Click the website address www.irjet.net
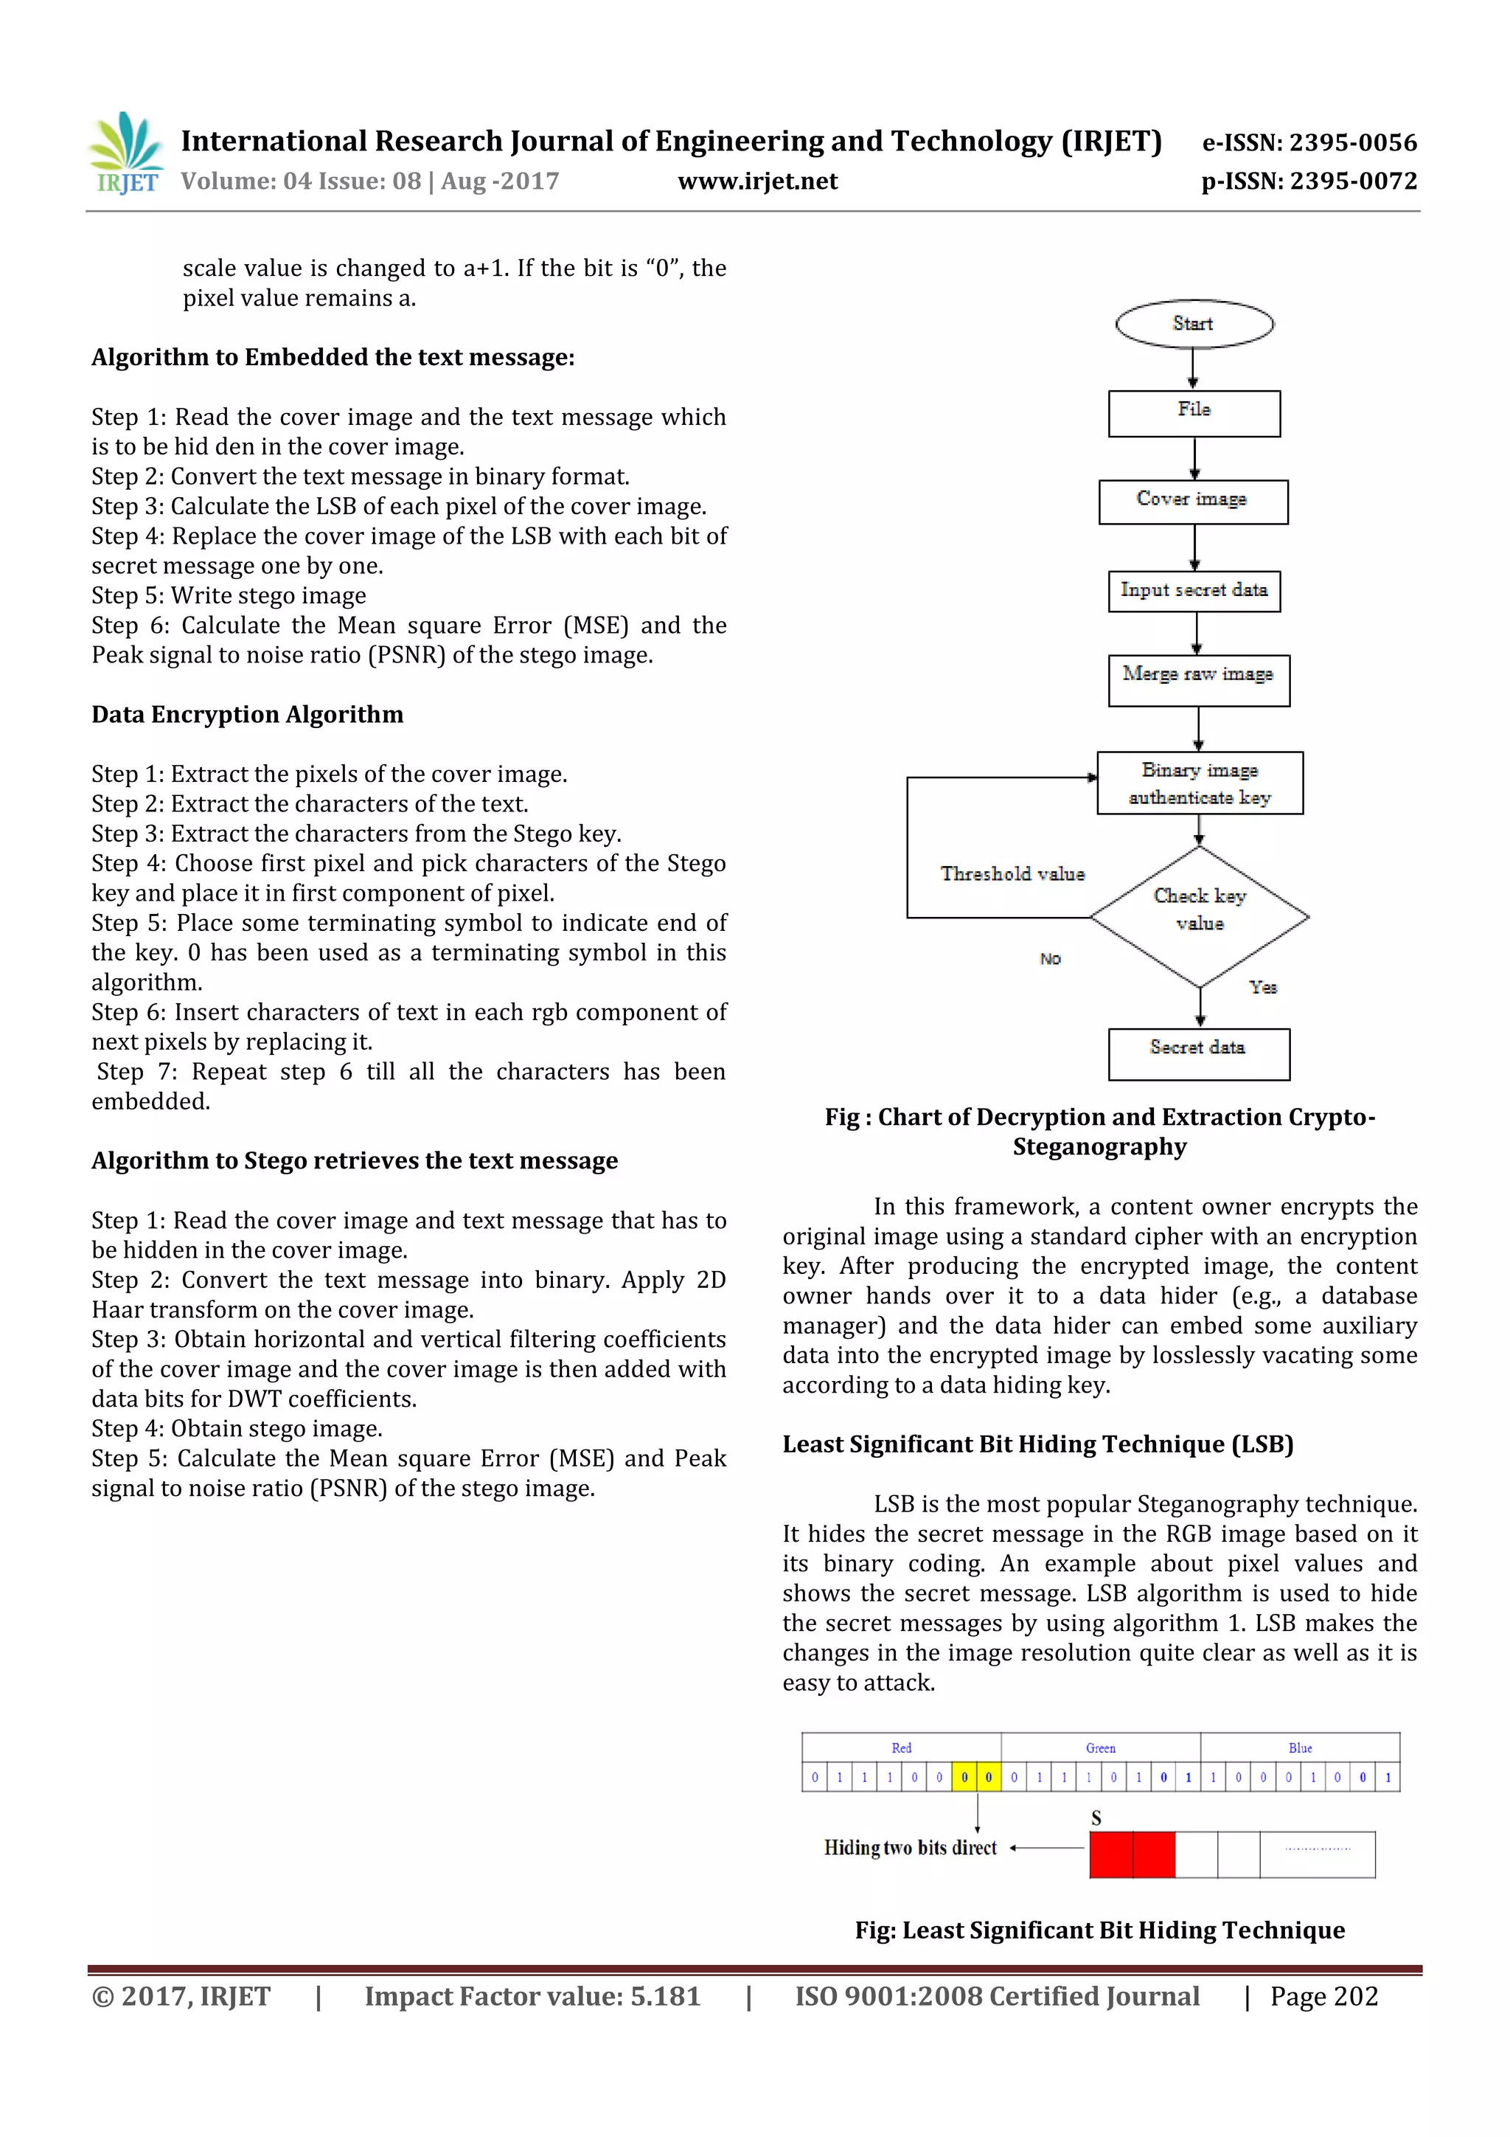point(757,181)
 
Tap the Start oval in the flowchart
point(1194,324)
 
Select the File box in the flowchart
point(1194,413)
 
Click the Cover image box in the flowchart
point(1193,502)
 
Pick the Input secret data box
point(1194,591)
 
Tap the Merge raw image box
point(1198,680)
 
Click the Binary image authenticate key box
point(1200,783)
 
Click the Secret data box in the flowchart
point(1198,1053)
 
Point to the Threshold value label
point(1012,874)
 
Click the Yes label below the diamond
point(1262,986)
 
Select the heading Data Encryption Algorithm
point(248,715)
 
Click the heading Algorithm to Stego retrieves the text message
point(355,1160)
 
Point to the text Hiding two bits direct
point(910,1848)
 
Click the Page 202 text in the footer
point(1324,1995)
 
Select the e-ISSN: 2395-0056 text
point(1309,142)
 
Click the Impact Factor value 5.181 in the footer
point(532,1995)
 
